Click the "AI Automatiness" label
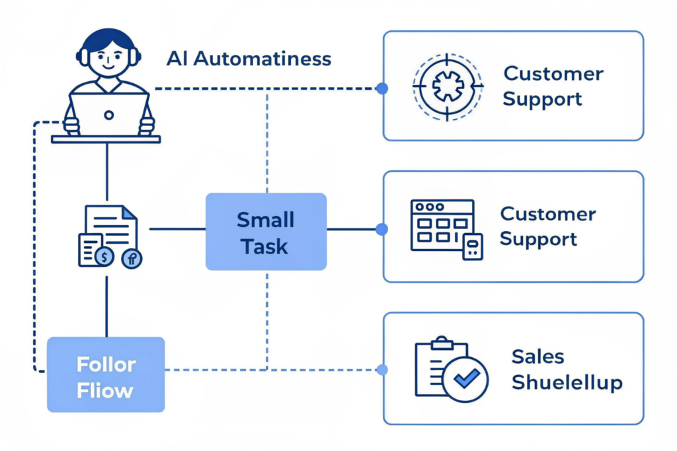249,58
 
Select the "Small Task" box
266,232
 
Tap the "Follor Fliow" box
106,375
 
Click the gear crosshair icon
448,86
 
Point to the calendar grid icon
442,225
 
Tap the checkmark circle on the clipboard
465,379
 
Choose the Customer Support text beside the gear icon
553,86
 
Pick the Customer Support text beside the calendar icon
548,226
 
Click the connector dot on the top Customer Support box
381,88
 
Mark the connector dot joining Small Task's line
381,229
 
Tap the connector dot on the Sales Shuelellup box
381,370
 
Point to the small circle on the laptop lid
109,115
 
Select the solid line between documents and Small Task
177,229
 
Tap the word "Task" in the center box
264,246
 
